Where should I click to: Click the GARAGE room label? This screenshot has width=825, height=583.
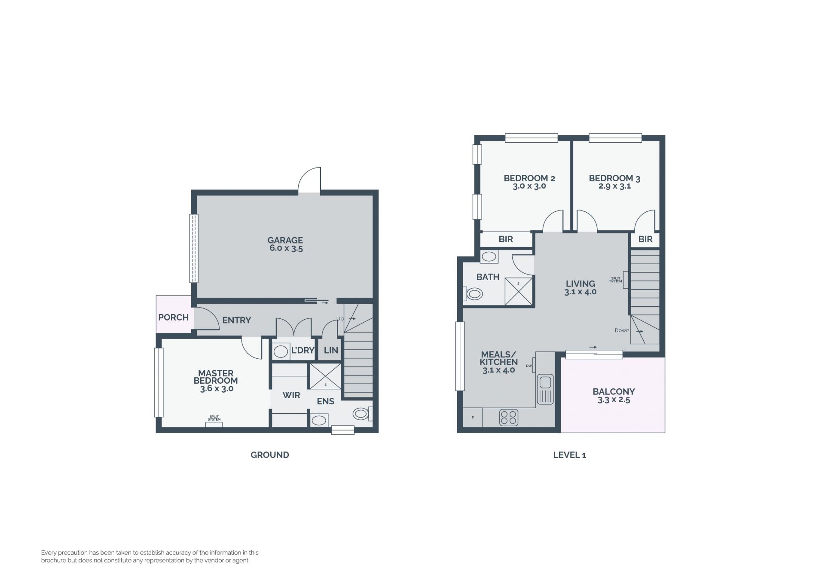point(285,240)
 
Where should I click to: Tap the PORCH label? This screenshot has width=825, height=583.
point(173,317)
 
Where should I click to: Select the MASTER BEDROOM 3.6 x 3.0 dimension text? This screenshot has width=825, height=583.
point(217,389)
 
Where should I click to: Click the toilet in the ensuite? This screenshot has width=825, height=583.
point(363,414)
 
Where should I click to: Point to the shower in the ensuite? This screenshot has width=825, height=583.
point(325,376)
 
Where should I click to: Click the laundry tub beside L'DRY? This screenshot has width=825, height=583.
point(281,351)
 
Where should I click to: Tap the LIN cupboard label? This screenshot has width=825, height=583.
point(331,350)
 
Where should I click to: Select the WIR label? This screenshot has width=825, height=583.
point(291,395)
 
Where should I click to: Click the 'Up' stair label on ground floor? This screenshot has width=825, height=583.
point(340,319)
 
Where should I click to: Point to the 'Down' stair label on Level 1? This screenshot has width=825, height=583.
point(622,330)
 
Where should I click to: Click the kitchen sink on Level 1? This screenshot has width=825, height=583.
point(545,389)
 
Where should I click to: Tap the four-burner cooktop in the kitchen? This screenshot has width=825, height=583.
point(509,417)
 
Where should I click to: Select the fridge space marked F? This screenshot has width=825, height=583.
point(473,417)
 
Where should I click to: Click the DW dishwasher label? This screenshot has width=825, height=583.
point(529,366)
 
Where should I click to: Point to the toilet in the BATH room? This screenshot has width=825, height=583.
point(473,294)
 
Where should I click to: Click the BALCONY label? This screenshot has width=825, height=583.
point(614,392)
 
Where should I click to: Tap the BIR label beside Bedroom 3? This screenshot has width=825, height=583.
point(645,239)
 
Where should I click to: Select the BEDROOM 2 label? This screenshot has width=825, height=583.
point(529,178)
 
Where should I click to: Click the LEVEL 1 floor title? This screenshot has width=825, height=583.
point(569,455)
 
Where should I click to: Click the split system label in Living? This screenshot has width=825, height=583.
point(616,280)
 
